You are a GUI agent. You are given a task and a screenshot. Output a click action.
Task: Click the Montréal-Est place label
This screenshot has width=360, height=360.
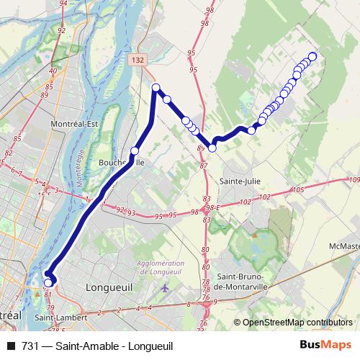click(74, 124)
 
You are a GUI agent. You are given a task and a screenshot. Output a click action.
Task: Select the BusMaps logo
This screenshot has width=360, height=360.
click(325, 346)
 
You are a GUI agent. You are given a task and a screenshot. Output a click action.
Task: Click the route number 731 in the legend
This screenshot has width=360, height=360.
click(30, 346)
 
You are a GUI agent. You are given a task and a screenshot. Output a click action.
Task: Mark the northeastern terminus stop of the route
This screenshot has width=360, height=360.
click(312, 56)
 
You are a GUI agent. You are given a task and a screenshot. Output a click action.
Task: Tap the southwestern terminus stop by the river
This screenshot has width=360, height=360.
click(48, 283)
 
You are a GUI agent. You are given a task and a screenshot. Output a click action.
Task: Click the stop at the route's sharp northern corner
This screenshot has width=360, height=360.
click(156, 88)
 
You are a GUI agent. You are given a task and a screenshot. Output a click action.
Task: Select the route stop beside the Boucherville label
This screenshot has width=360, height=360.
click(135, 151)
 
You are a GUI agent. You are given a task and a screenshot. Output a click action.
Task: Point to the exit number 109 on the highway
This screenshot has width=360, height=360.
click(353, 180)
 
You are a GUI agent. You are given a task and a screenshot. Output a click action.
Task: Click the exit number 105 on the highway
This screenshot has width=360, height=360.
click(299, 189)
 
